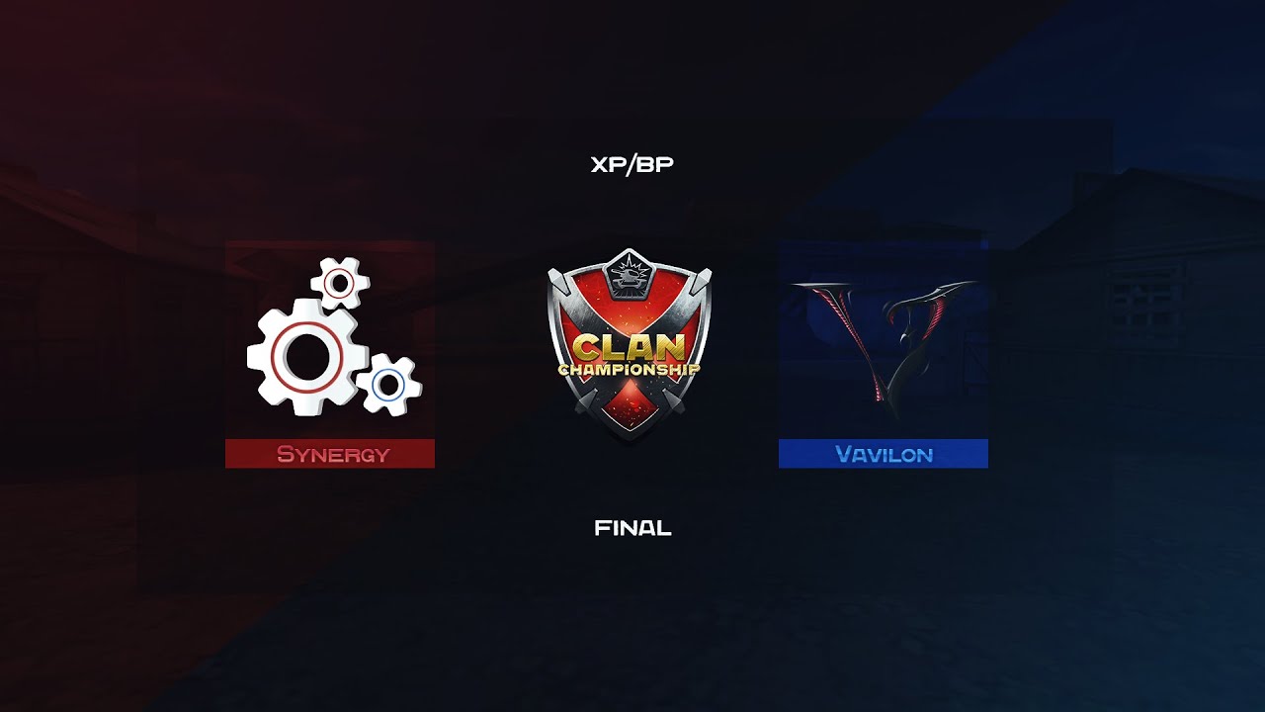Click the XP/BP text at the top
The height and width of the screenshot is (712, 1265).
[632, 164]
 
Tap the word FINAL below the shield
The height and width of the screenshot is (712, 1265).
[632, 528]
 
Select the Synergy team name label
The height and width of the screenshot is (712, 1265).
[333, 454]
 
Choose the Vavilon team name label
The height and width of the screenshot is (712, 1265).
[884, 454]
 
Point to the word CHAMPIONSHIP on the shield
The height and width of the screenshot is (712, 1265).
[630, 369]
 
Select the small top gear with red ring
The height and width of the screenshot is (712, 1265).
[339, 284]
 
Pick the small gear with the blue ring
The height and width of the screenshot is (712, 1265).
[388, 385]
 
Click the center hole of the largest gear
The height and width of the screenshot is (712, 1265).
[306, 357]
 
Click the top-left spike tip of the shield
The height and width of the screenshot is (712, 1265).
[551, 274]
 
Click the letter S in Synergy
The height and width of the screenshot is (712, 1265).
[286, 454]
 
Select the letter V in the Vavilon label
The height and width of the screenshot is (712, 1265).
[843, 454]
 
